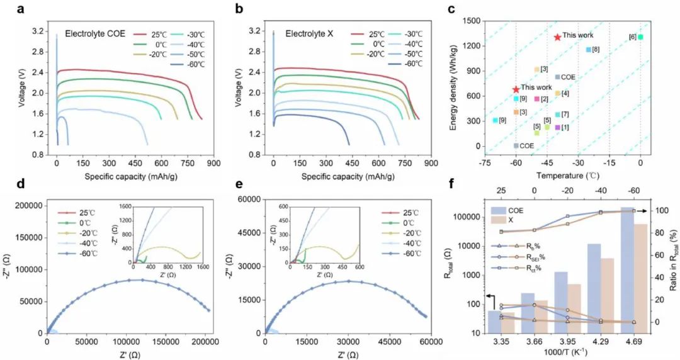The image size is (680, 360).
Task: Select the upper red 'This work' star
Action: tap(557, 37)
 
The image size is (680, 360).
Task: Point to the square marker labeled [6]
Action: tap(640, 37)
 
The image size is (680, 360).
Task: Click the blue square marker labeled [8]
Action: tap(589, 49)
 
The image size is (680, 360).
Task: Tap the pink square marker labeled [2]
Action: tap(536, 99)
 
